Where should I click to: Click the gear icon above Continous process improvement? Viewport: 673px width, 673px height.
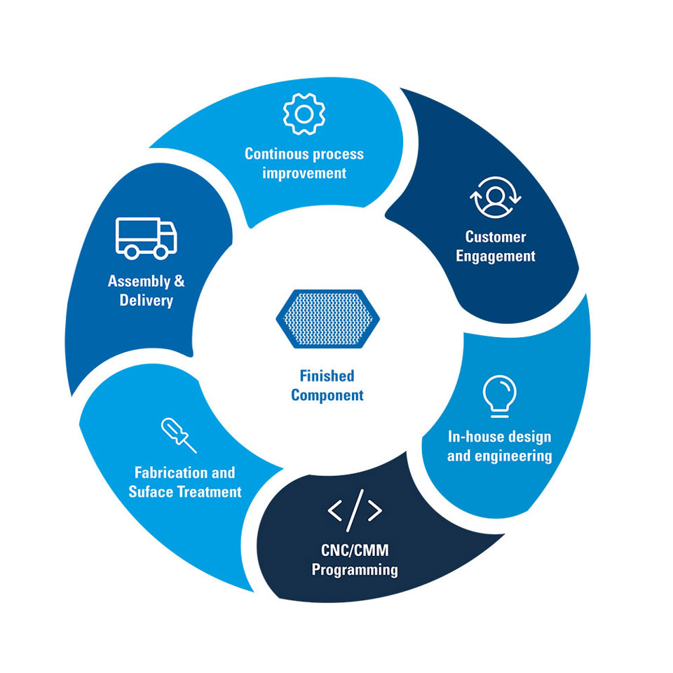[x=304, y=114]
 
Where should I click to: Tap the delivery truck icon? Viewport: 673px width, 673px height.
[x=147, y=238]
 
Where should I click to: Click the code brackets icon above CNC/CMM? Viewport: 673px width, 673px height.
[x=355, y=510]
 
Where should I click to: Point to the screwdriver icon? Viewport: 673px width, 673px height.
[x=179, y=435]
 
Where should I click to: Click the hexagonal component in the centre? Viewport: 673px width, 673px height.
[x=327, y=318]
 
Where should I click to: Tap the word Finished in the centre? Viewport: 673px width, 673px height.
[x=327, y=376]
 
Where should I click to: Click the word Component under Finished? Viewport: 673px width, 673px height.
[x=327, y=395]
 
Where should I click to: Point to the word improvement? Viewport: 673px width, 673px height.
[x=304, y=173]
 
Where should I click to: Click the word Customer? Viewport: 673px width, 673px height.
[x=496, y=237]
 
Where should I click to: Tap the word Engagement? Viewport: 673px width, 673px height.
[x=496, y=257]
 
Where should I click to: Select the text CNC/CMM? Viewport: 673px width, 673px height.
[x=355, y=550]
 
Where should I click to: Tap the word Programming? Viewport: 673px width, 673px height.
[x=355, y=569]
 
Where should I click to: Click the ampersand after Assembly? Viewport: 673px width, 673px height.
[x=179, y=281]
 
